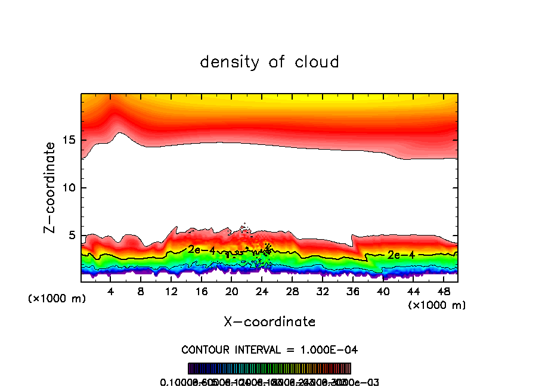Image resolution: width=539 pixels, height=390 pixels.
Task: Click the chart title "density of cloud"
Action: pos(269,62)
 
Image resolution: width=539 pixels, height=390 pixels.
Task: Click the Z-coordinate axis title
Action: pos(50,187)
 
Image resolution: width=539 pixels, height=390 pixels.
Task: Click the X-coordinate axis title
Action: pos(269,322)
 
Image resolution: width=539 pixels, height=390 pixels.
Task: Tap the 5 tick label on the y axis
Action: pos(70,236)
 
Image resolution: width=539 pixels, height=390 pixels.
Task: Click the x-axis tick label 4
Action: pos(111,292)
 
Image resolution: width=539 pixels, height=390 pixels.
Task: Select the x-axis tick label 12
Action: pos(172,292)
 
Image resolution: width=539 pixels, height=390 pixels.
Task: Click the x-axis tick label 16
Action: pos(202,292)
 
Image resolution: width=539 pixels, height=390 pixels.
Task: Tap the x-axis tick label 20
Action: pos(232,292)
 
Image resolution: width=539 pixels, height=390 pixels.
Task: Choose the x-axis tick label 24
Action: pos(262,292)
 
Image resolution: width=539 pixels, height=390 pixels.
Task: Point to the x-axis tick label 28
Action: pos(292,292)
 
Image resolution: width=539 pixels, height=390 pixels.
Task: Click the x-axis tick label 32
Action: pos(323,292)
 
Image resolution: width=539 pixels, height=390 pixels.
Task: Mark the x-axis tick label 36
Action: pos(353,292)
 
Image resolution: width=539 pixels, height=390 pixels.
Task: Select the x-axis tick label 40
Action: pos(383,292)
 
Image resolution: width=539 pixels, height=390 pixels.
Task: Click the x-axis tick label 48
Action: pos(443,292)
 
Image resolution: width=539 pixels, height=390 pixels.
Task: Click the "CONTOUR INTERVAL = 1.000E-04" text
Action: pos(269,349)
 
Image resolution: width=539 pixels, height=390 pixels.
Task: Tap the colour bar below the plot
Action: pos(269,369)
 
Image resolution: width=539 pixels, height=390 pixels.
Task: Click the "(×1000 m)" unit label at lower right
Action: pos(437,305)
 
